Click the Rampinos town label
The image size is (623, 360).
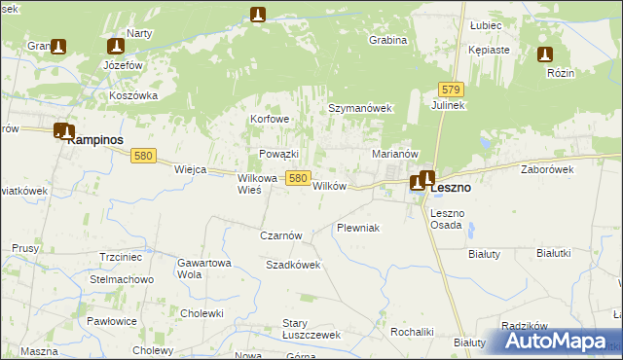coord(100,140)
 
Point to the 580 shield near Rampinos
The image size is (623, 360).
coord(144,156)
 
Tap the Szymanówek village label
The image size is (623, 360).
coord(358,110)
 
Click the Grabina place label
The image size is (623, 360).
coord(387,41)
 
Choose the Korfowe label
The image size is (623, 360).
coord(271,120)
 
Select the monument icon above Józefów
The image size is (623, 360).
coord(116,47)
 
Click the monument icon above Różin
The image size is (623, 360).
coord(545,55)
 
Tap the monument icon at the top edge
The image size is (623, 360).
coord(258,15)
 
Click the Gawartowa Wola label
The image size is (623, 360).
coord(202,268)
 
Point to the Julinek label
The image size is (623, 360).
coord(450,105)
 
